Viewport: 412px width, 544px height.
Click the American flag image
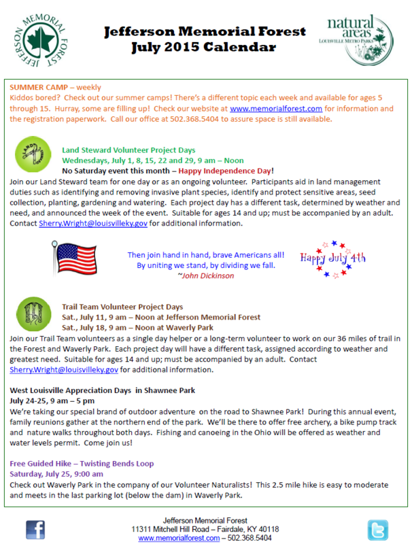[x=77, y=260]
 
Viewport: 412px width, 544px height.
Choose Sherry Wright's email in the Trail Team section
[x=65, y=370]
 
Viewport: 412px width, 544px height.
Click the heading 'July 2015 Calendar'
[x=205, y=48]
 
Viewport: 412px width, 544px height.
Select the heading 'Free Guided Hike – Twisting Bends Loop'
[x=82, y=464]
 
